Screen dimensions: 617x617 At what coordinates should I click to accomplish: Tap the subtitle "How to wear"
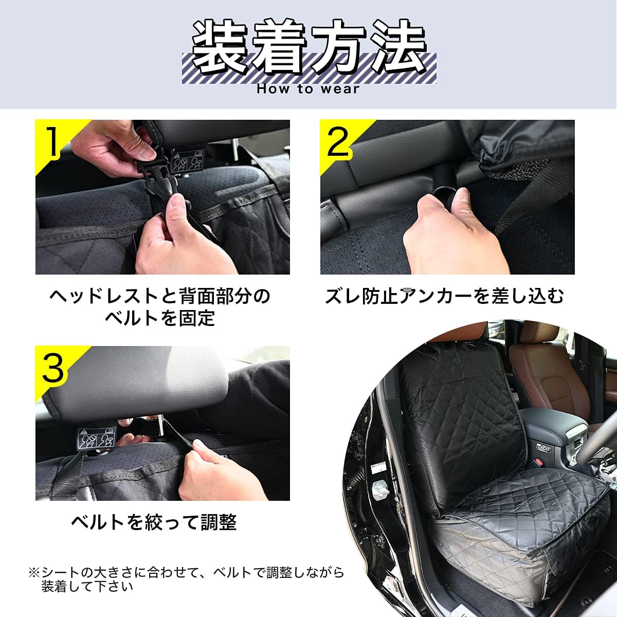tap(308, 89)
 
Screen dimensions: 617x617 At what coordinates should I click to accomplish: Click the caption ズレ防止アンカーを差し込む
tap(445, 296)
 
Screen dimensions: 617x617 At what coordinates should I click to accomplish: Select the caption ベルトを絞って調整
tap(154, 522)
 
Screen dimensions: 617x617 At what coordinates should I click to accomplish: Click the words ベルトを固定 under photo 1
tap(159, 318)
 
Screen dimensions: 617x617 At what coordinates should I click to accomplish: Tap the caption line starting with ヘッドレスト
tap(159, 296)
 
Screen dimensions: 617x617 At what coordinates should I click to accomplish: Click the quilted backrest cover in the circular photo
tap(460, 416)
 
